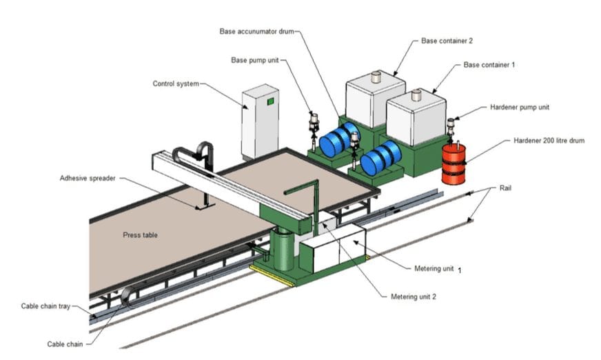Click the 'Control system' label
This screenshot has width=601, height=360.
[175, 84]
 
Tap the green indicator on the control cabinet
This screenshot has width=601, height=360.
[271, 101]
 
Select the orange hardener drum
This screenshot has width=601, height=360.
[454, 163]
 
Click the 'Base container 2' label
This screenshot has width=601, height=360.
[447, 41]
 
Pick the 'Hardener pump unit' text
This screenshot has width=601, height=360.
[519, 108]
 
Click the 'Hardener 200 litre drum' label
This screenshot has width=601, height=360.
[549, 140]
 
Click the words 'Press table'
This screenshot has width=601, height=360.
[140, 234]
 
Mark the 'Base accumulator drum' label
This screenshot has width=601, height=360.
[259, 31]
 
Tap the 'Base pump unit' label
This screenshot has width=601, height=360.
[254, 60]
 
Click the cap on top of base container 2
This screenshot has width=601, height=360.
[376, 77]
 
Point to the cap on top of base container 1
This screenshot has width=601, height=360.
[417, 96]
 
